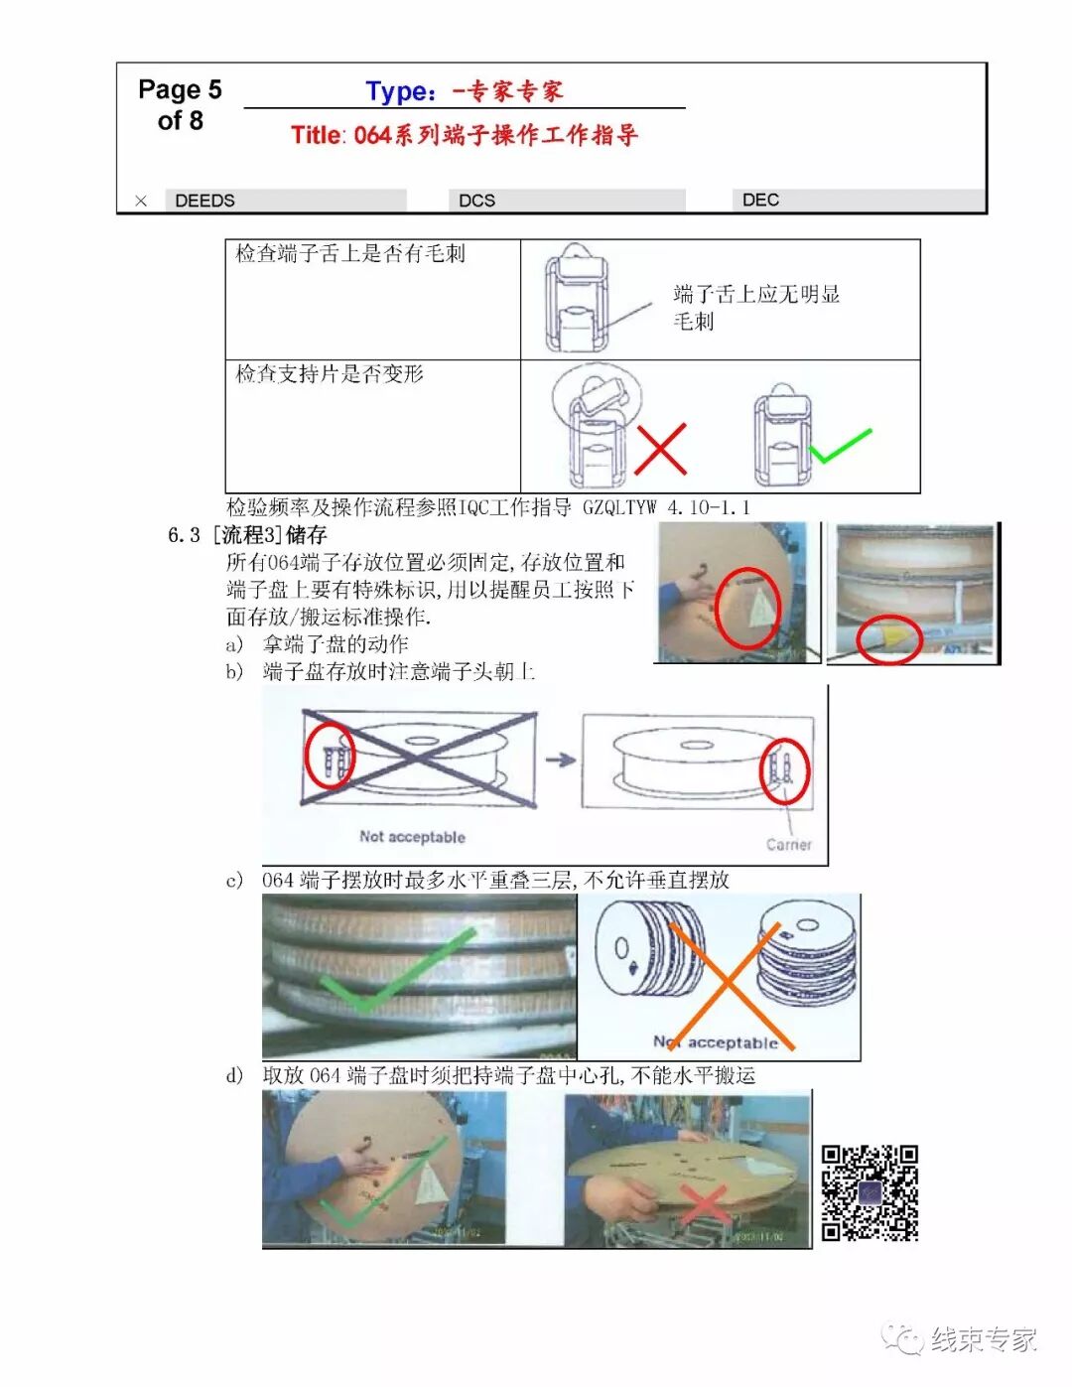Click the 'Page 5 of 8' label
(x=180, y=105)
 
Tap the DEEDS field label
(x=204, y=201)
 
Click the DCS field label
(x=476, y=201)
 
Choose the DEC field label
(x=760, y=200)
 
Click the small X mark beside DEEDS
(x=141, y=201)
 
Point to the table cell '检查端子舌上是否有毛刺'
(x=350, y=254)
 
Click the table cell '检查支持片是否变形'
(x=330, y=374)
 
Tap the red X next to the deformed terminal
(x=660, y=449)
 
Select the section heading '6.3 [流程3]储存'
(x=247, y=535)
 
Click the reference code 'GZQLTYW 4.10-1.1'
(x=666, y=507)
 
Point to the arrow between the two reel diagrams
(x=561, y=760)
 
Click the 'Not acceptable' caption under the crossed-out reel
(x=412, y=837)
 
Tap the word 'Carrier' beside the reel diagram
(x=789, y=845)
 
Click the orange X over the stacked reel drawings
(x=728, y=983)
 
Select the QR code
(x=870, y=1192)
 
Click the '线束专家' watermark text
(x=983, y=1340)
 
